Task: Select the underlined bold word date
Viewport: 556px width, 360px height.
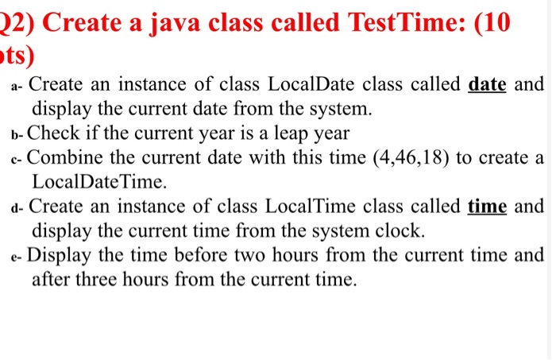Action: tap(488, 83)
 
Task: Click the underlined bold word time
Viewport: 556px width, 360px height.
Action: tap(487, 207)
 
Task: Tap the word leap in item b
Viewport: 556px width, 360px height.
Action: tap(286, 133)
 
